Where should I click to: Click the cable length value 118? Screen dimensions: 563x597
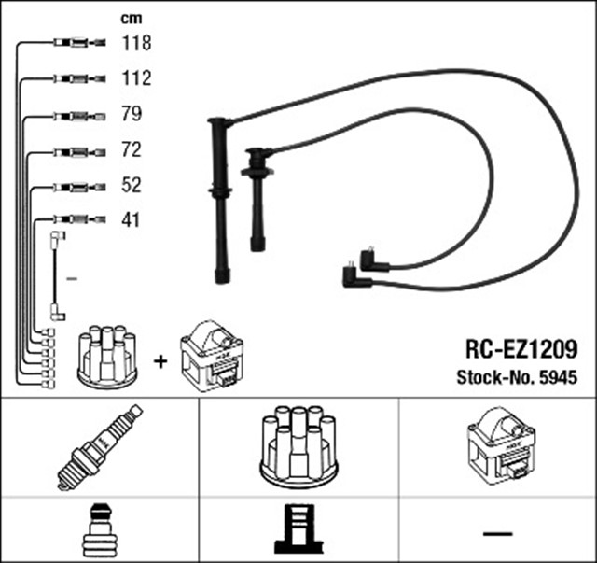pos(136,43)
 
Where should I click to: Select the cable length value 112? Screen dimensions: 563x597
pos(136,78)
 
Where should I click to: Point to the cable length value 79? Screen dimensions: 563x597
pos(132,115)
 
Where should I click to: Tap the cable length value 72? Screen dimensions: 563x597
pos(132,150)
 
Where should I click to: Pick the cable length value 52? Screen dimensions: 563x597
pos(132,186)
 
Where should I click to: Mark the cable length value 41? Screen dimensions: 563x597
pos(131,221)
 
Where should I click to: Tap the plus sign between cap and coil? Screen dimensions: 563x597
pos(160,360)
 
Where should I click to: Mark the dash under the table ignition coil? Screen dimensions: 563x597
pos(498,533)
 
